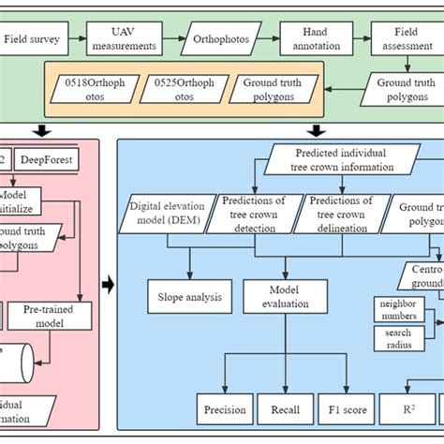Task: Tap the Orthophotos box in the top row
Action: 216,41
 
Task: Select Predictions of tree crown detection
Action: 257,212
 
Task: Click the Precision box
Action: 225,409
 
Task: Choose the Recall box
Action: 287,409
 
